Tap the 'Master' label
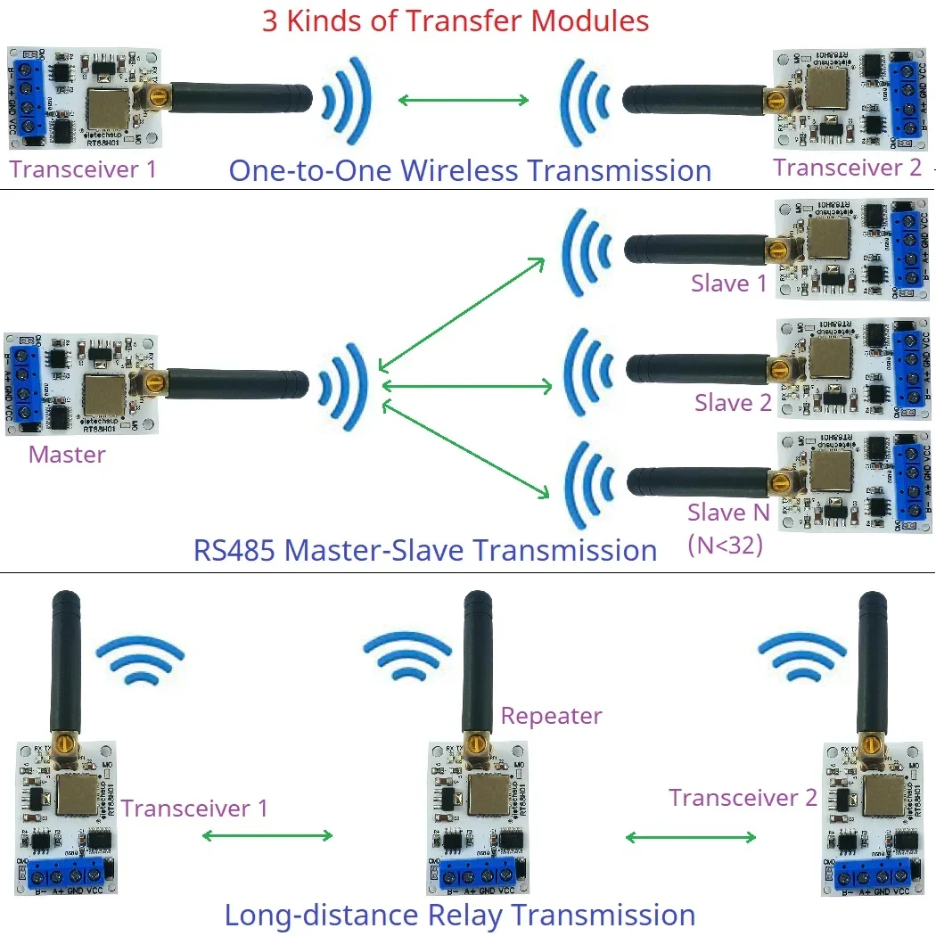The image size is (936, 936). (x=67, y=455)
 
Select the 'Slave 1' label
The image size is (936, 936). (x=728, y=283)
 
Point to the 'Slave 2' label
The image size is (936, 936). (x=733, y=403)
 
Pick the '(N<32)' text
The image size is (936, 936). (x=726, y=545)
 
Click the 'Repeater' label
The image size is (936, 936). (x=551, y=716)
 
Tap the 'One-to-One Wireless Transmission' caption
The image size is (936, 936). (x=470, y=170)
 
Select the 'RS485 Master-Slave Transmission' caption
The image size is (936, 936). (x=425, y=550)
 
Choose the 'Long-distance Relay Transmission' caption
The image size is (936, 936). (x=459, y=915)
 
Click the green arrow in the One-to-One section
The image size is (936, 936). (x=464, y=100)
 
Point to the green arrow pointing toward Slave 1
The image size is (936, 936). (x=462, y=312)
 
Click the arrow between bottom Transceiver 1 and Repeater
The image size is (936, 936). (x=267, y=836)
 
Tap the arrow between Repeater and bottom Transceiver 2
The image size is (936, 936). (x=691, y=837)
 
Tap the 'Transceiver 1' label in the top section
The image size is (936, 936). (x=83, y=169)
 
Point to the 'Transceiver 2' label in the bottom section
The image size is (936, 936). (x=743, y=798)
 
